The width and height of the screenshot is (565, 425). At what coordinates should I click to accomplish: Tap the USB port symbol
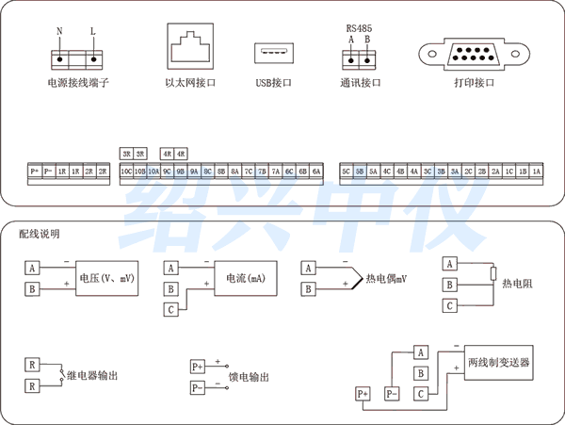(x=273, y=53)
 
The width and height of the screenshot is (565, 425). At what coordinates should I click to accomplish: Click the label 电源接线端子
(x=78, y=83)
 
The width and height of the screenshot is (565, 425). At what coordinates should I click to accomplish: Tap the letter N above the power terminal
(x=59, y=31)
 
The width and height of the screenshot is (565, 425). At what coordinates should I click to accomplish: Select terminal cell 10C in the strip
(x=126, y=172)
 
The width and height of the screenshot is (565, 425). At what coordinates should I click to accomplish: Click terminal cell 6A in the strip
(x=317, y=172)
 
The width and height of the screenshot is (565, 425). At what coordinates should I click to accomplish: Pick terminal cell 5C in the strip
(x=347, y=172)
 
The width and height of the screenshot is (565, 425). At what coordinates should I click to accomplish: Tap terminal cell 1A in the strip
(x=536, y=172)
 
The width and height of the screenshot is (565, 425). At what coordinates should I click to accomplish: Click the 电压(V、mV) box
(x=106, y=278)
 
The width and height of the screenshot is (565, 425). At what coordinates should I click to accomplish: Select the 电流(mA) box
(x=245, y=278)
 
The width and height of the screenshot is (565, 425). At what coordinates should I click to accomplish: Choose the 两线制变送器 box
(x=498, y=362)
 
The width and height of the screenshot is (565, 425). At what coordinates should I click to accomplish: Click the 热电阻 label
(x=518, y=283)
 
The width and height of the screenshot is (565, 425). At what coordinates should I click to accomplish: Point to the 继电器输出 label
(x=92, y=375)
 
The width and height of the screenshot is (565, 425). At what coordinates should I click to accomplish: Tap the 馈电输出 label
(x=249, y=376)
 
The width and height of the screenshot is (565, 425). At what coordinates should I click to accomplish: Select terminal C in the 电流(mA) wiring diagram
(x=170, y=309)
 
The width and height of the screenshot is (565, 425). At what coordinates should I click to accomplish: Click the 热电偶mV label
(x=386, y=279)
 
